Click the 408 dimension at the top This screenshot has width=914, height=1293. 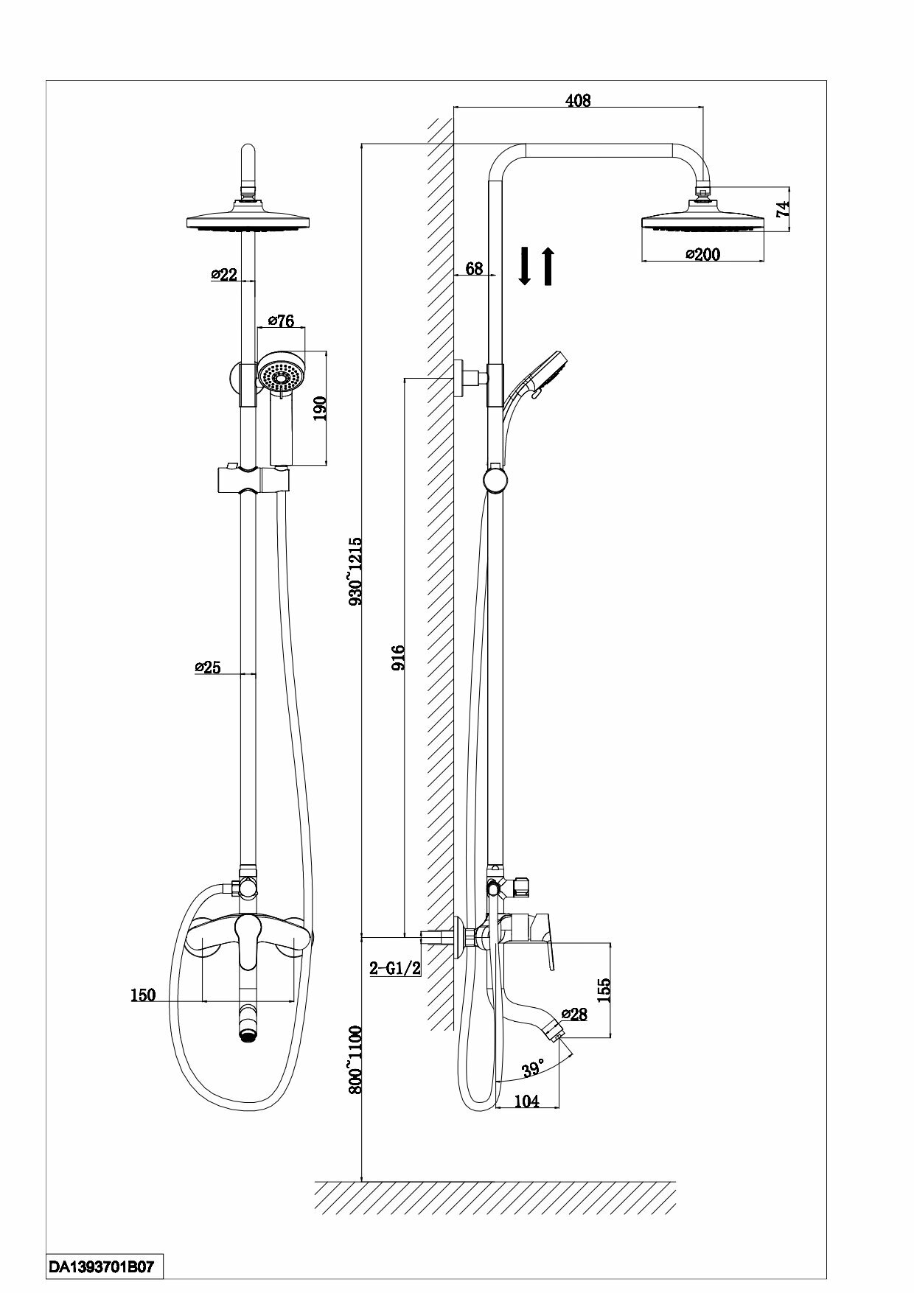tap(579, 101)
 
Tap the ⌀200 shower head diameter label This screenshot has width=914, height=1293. tap(702, 254)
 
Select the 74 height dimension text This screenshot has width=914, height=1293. tap(783, 208)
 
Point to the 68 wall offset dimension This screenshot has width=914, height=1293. tap(474, 268)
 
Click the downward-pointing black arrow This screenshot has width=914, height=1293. tap(524, 266)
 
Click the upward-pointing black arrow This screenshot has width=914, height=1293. tap(548, 266)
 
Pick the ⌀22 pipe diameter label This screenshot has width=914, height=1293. tap(224, 274)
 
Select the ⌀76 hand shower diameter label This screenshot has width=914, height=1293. tap(281, 320)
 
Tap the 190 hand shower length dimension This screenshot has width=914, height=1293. tap(320, 407)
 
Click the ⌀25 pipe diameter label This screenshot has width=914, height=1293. tap(208, 667)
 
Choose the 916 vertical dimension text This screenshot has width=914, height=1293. tap(399, 658)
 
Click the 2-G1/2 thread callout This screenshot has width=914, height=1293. tap(395, 968)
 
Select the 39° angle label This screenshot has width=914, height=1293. tap(532, 1067)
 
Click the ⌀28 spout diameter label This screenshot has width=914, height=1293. tap(574, 1014)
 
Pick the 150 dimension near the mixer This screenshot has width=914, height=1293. tap(143, 995)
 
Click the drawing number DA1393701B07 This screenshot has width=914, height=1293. tap(101, 1267)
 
